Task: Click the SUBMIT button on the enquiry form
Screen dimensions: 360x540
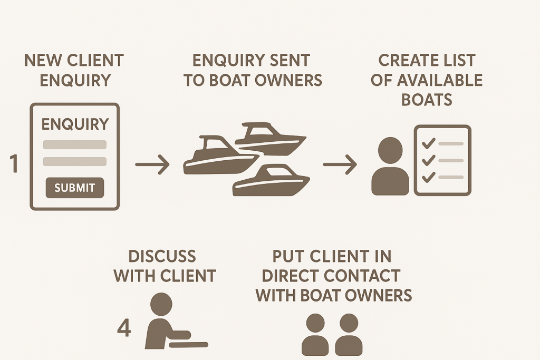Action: pos(75,187)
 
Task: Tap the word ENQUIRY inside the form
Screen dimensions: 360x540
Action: pos(75,124)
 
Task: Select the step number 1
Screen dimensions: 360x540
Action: pos(14,164)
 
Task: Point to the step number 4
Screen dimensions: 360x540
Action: pos(124,328)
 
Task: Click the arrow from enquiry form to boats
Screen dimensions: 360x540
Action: pos(152,165)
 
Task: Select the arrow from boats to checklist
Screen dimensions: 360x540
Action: pos(340,165)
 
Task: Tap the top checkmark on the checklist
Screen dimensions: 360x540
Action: pos(429,143)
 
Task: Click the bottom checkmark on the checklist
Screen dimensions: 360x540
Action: pos(429,177)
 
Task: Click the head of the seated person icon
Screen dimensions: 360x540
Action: pos(161,304)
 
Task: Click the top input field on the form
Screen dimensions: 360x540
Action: pos(75,144)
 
